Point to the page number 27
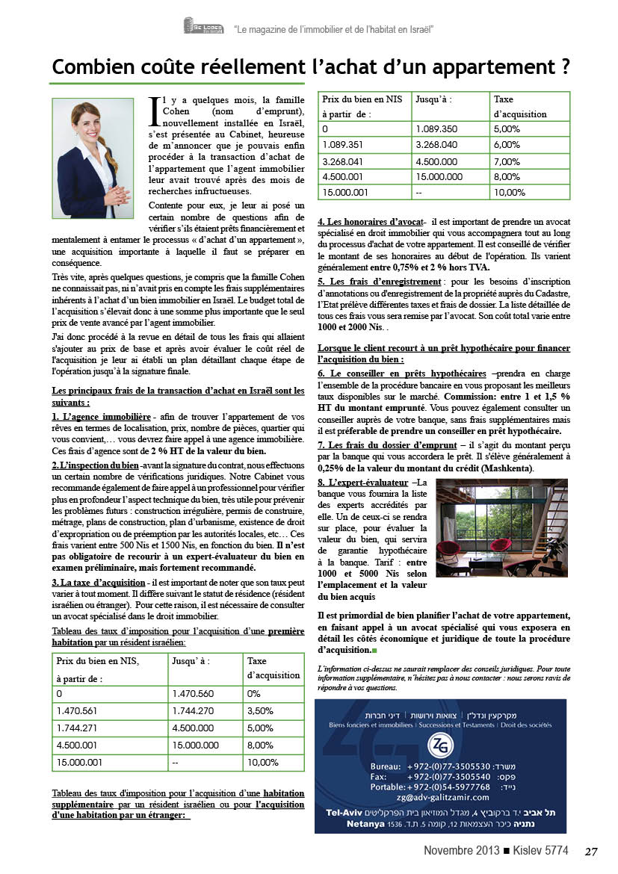(592, 852)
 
